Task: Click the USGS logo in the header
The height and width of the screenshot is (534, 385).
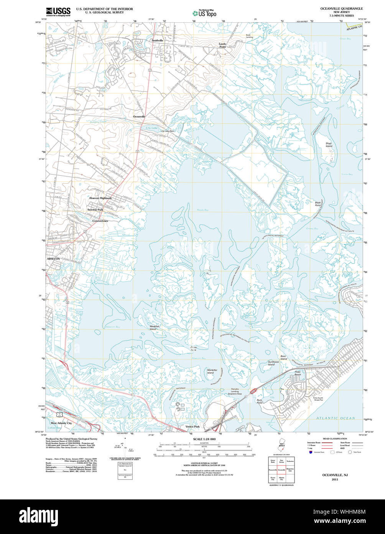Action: click(x=58, y=12)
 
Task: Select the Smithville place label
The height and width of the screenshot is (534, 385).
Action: click(x=157, y=40)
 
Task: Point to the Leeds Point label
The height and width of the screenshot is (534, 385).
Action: click(x=222, y=45)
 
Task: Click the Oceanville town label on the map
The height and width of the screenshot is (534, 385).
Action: click(x=139, y=116)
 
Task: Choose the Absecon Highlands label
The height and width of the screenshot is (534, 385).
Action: click(x=100, y=198)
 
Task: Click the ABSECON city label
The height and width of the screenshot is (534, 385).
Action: click(x=53, y=259)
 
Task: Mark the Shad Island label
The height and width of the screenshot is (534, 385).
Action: click(x=329, y=145)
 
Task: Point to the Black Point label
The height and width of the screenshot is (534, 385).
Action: click(x=318, y=204)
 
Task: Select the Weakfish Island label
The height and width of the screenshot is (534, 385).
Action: click(x=155, y=327)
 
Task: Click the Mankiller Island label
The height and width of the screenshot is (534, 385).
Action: click(x=211, y=371)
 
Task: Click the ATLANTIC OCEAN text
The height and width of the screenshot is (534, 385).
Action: click(x=336, y=418)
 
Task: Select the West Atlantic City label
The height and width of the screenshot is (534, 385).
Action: click(x=61, y=423)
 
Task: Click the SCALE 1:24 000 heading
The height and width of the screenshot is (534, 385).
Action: click(x=204, y=439)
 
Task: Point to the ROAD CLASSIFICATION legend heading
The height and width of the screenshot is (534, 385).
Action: click(x=335, y=438)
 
